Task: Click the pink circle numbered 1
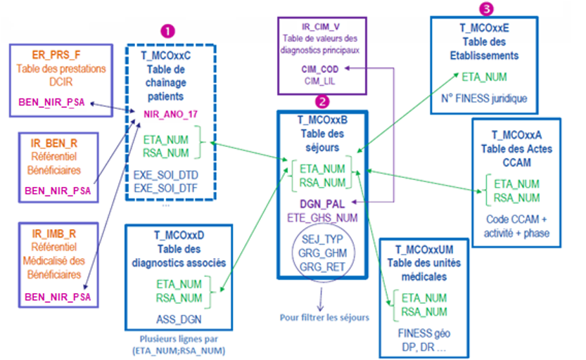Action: tap(168, 31)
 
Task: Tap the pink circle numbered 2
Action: tap(322, 101)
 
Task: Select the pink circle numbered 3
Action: tap(486, 8)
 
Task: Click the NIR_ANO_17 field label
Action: tap(170, 115)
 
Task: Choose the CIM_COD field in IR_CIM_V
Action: tap(320, 69)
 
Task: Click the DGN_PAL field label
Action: tap(322, 204)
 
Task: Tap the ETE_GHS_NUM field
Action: tap(322, 218)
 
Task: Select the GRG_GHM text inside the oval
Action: tap(322, 253)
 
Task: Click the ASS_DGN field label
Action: tap(179, 319)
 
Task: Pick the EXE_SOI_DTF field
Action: tap(165, 188)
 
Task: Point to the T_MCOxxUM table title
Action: tap(424, 250)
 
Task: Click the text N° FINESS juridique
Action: tap(484, 98)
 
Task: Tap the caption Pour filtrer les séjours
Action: tap(324, 318)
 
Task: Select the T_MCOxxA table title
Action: tap(516, 135)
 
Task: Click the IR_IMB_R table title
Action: tap(53, 233)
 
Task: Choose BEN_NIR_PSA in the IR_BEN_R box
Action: tap(58, 191)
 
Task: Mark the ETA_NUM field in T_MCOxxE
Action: tap(484, 77)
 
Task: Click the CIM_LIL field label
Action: tap(319, 81)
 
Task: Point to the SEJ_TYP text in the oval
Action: tap(322, 239)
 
